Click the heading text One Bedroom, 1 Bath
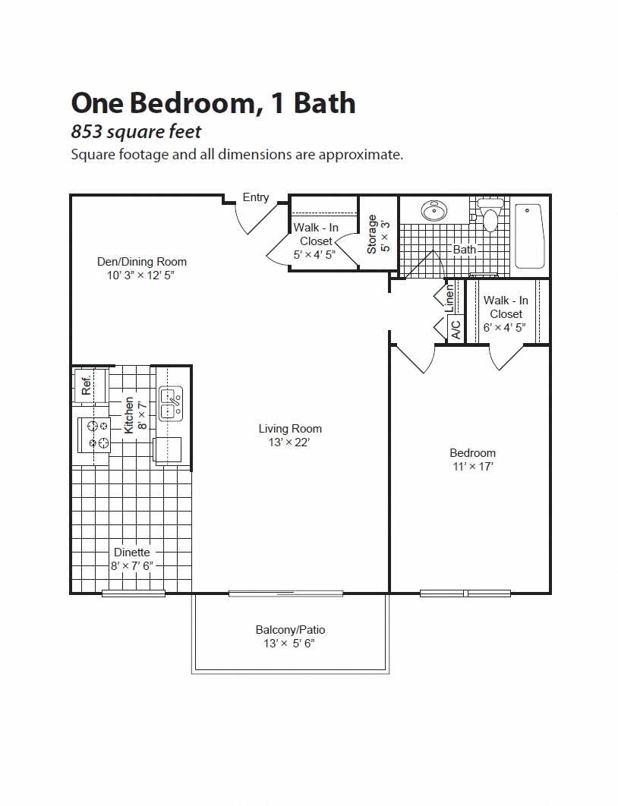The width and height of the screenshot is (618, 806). click(x=213, y=103)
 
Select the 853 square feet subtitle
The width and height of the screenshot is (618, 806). click(x=136, y=131)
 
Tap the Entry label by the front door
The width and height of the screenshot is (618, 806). click(x=256, y=197)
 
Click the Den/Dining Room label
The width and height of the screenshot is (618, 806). click(x=142, y=262)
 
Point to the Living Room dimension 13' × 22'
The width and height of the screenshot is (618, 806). click(x=290, y=442)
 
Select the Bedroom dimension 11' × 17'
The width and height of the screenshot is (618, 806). click(x=472, y=466)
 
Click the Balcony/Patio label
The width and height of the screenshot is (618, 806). click(x=290, y=630)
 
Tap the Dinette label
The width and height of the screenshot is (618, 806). click(x=131, y=553)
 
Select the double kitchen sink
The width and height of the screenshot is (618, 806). click(x=170, y=402)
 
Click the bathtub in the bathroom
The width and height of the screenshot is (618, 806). click(x=528, y=235)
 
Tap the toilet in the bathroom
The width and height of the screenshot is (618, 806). click(x=491, y=216)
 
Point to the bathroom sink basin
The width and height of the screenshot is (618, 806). click(x=434, y=211)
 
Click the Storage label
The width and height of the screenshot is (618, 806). click(x=372, y=235)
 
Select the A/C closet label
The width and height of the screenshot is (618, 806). click(x=456, y=329)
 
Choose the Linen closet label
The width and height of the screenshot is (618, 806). click(x=449, y=297)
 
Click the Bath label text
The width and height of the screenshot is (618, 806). click(x=465, y=249)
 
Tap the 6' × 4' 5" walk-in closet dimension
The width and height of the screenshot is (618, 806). click(x=506, y=328)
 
